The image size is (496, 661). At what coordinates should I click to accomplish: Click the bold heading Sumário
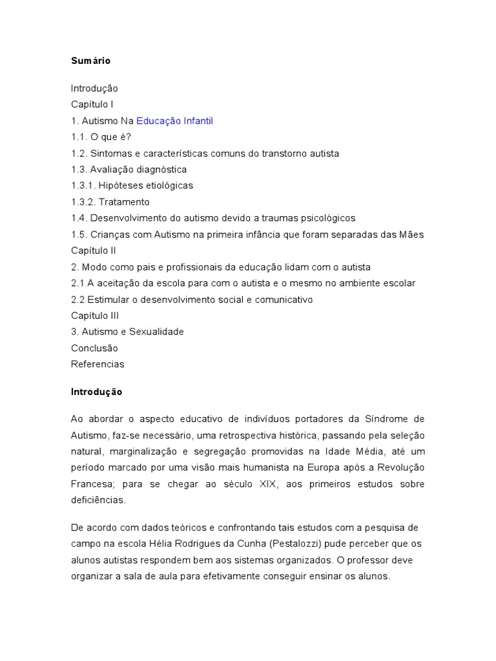coord(90,61)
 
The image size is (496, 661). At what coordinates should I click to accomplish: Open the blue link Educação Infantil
coord(174,121)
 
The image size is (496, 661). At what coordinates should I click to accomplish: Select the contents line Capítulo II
coord(94,250)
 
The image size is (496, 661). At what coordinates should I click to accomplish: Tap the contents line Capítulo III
coord(95,316)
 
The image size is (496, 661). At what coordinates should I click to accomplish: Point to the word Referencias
coord(98,364)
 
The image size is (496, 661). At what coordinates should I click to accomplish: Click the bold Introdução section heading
coord(96,392)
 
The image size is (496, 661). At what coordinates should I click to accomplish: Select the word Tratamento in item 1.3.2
coord(124,202)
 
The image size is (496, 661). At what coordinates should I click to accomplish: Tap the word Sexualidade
coord(156,332)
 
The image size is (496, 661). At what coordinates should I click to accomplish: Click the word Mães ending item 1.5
coord(411,234)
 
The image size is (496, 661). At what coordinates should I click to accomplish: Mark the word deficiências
coord(99,500)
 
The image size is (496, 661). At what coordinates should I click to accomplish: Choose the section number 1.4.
coord(79,218)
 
